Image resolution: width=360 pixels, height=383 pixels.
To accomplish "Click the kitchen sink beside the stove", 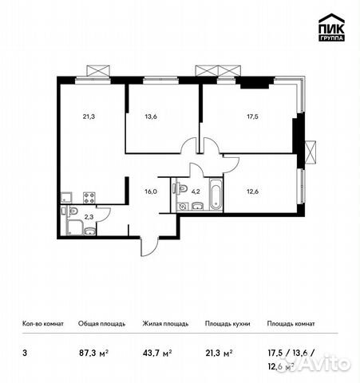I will coord(69,197).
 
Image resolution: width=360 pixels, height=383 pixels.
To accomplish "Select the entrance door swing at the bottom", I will coord(149,246).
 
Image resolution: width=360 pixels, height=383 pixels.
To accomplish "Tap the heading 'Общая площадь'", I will coord(99,324).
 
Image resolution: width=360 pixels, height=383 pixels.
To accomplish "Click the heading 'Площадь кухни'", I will coord(227,324).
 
